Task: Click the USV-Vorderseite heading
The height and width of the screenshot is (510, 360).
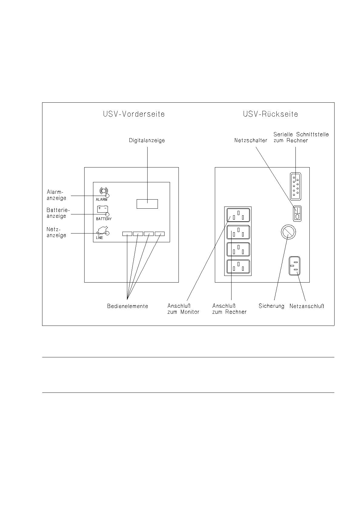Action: click(x=134, y=114)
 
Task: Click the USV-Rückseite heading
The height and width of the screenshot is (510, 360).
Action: click(x=271, y=114)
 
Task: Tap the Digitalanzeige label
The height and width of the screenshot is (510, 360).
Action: click(x=147, y=141)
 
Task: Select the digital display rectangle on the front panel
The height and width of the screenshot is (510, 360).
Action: click(x=147, y=204)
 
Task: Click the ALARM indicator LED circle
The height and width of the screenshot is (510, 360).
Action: click(x=107, y=196)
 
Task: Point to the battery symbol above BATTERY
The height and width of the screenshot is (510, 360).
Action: click(x=102, y=209)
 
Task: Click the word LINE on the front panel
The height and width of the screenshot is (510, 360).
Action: click(x=99, y=238)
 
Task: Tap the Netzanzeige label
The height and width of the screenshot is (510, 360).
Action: click(x=56, y=232)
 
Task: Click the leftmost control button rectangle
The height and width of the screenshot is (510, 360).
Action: click(x=127, y=234)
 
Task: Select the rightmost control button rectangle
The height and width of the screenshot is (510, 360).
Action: click(x=160, y=234)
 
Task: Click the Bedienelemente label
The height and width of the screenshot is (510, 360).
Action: click(x=128, y=306)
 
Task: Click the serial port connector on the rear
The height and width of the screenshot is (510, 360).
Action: click(x=295, y=187)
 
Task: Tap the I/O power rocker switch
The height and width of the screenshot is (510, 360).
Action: click(x=297, y=214)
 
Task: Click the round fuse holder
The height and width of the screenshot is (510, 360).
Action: click(x=288, y=232)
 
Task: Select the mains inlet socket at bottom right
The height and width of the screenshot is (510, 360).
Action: click(x=295, y=266)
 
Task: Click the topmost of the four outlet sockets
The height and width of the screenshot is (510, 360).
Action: click(x=238, y=215)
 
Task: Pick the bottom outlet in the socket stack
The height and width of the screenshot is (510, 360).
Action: click(x=238, y=267)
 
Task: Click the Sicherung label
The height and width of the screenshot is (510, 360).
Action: click(x=272, y=306)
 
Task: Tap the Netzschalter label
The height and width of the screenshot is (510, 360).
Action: click(x=251, y=141)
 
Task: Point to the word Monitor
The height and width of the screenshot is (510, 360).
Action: click(x=190, y=312)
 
